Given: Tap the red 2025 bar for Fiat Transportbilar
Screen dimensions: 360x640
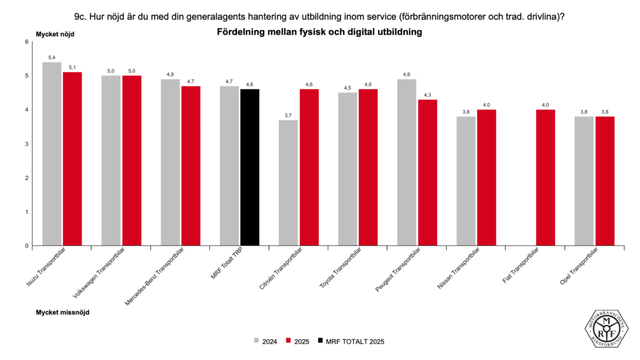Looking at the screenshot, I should (546, 177).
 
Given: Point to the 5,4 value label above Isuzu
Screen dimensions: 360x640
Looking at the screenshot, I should (52, 57).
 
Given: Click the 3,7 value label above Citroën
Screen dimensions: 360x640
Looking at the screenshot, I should (289, 115).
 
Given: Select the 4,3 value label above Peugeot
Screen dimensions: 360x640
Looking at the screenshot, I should (427, 95).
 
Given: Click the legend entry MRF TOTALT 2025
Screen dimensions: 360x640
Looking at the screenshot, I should (351, 341).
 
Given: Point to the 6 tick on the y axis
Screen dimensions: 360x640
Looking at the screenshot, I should (27, 42).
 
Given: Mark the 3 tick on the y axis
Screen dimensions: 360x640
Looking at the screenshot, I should (27, 144).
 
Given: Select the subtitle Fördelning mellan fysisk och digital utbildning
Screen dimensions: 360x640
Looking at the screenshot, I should (319, 32).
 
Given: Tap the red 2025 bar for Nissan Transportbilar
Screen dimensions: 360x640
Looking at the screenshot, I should (486, 177).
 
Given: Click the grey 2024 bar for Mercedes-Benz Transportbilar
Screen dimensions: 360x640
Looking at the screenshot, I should (170, 162).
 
